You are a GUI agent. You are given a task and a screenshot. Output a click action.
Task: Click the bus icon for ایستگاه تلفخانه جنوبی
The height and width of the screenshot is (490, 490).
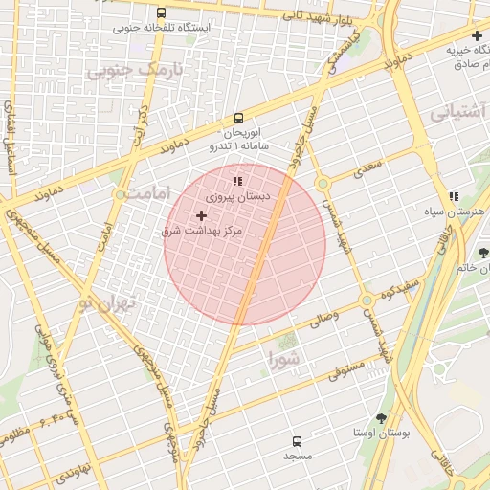point(160,13)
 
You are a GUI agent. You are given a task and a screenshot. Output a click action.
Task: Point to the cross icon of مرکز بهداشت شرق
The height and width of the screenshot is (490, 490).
point(201,216)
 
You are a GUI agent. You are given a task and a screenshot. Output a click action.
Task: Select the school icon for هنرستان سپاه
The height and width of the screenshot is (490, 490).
point(453,196)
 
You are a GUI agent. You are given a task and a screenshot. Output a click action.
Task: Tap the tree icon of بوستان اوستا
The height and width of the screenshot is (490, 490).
point(382,418)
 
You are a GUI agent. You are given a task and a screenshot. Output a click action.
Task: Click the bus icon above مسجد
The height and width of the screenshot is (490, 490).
point(297,441)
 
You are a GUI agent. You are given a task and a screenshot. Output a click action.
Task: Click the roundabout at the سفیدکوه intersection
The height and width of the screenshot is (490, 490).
point(367,301)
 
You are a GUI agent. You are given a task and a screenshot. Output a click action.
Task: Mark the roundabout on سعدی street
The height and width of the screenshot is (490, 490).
point(323,183)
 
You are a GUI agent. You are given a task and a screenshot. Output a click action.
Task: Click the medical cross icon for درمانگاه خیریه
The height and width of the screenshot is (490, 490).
point(477,36)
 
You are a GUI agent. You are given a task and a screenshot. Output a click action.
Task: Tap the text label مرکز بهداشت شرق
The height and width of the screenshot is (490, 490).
point(201,233)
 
